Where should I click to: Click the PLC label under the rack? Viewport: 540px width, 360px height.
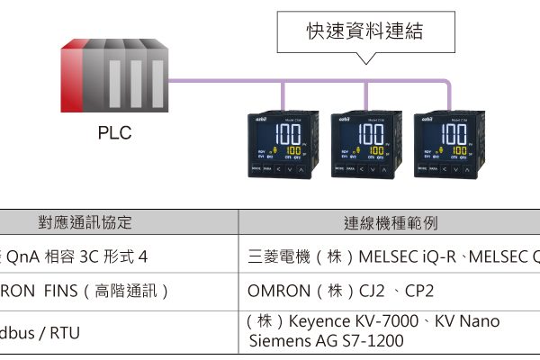[x=114, y=133]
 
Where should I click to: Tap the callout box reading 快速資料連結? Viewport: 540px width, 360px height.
[x=364, y=32]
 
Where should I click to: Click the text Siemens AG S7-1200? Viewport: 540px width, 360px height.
[x=326, y=341]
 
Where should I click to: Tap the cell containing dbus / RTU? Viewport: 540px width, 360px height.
[x=41, y=332]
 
